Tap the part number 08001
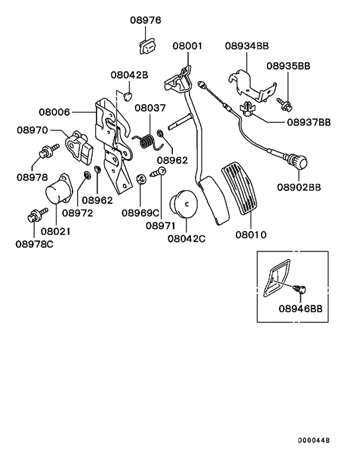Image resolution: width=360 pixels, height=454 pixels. coord(187,46)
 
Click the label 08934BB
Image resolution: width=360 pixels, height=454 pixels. coord(247,46)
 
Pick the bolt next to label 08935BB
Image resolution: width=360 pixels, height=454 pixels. coord(283,100)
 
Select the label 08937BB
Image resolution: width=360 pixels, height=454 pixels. coord(309,122)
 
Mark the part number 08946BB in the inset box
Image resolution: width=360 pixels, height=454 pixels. coord(300,308)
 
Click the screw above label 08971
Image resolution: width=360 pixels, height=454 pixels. coord(158,172)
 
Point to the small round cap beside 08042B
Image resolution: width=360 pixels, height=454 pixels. coord(127,96)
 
